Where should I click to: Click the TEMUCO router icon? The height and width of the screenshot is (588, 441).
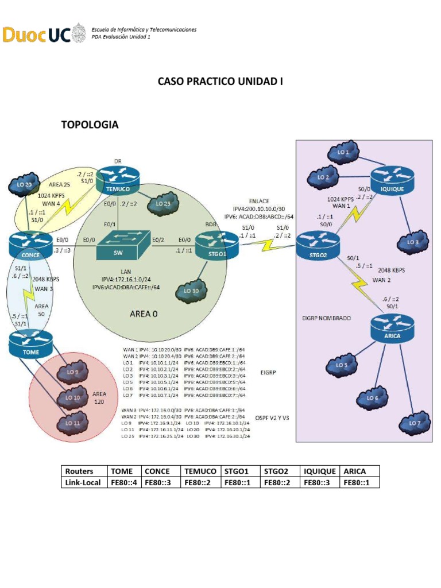(x=118, y=180)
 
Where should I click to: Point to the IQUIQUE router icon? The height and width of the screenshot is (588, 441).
(x=392, y=181)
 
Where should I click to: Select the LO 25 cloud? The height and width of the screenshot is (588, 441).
(x=163, y=203)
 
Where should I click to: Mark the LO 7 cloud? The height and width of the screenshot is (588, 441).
(x=414, y=423)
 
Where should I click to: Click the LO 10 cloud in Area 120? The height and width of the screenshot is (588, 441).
(x=72, y=397)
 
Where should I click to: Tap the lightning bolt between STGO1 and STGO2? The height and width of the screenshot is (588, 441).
(x=267, y=245)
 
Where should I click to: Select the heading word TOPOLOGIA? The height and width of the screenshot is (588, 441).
(x=90, y=124)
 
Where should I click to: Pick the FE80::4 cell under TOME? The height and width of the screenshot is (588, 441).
(x=123, y=483)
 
